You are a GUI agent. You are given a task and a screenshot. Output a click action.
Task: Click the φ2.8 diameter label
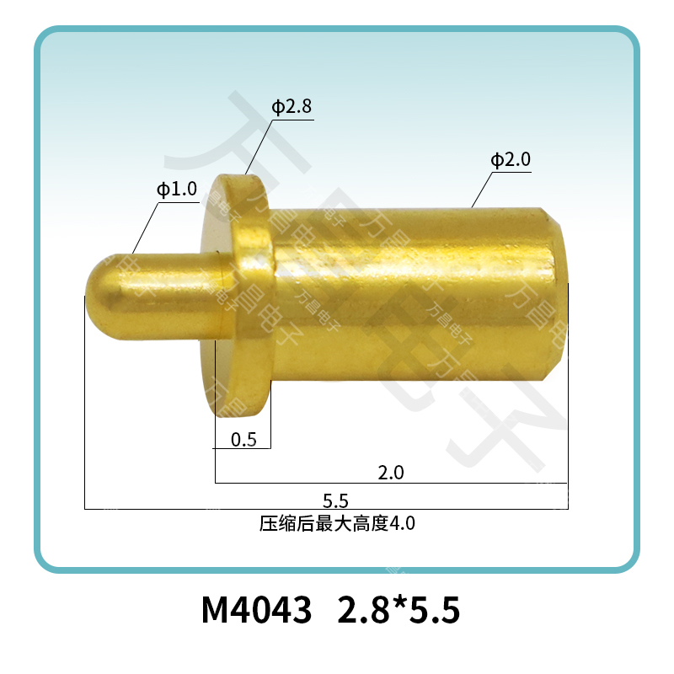[292, 107]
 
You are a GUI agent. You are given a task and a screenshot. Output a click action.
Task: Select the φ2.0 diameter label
[511, 160]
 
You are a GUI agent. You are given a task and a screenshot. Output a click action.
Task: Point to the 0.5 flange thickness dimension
[243, 439]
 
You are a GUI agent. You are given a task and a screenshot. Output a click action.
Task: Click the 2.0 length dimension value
[391, 473]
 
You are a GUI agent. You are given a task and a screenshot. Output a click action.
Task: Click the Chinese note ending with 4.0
[337, 524]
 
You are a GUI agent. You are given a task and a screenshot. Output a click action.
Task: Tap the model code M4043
[257, 611]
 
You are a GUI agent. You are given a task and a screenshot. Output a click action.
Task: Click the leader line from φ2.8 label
[259, 147]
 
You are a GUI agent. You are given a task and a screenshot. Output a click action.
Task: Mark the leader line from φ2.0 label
[482, 190]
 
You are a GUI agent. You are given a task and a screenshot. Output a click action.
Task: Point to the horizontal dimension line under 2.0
[391, 483]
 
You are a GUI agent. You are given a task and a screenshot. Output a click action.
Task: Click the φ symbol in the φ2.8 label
[276, 107]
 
